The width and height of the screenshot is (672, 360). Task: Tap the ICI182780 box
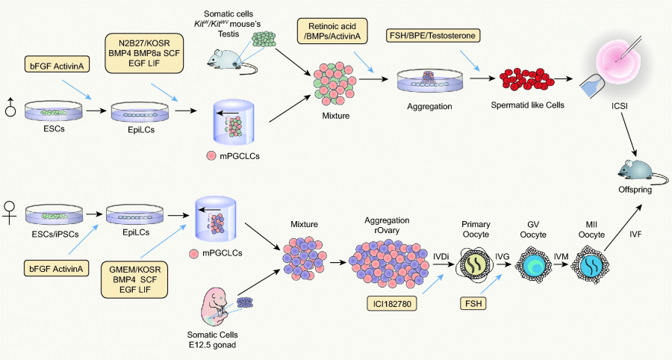click(391, 303)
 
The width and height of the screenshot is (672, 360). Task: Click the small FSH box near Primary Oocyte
click(471, 304)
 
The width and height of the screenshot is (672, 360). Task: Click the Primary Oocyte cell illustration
click(474, 264)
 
